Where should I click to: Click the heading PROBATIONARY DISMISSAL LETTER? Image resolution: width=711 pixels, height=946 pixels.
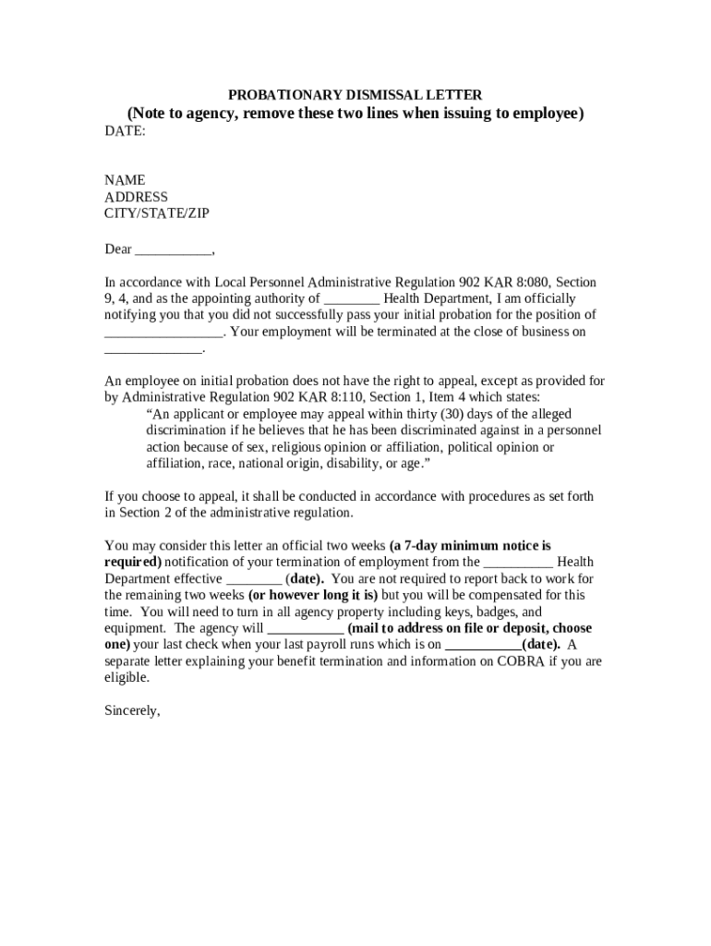[x=355, y=95]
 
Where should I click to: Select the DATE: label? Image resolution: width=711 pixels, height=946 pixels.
[x=125, y=131]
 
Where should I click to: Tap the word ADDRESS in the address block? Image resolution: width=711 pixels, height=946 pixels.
[x=136, y=197]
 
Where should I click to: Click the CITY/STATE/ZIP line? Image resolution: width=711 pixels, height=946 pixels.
[x=156, y=213]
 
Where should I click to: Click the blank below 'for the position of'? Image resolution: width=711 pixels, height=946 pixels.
[x=163, y=333]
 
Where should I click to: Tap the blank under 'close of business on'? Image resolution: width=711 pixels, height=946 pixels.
[x=152, y=349]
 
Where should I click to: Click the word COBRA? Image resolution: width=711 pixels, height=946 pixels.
[x=524, y=661]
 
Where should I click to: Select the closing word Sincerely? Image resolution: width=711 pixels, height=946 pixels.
[x=132, y=711]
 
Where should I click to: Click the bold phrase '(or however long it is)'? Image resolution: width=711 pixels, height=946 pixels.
[x=313, y=595]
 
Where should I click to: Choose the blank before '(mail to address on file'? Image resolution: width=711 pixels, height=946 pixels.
[x=305, y=628]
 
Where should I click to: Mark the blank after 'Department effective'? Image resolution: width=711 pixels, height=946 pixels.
[x=252, y=578]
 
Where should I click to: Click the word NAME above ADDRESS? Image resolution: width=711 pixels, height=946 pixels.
[x=124, y=180]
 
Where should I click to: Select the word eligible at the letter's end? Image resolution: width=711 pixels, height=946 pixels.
[x=127, y=677]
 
